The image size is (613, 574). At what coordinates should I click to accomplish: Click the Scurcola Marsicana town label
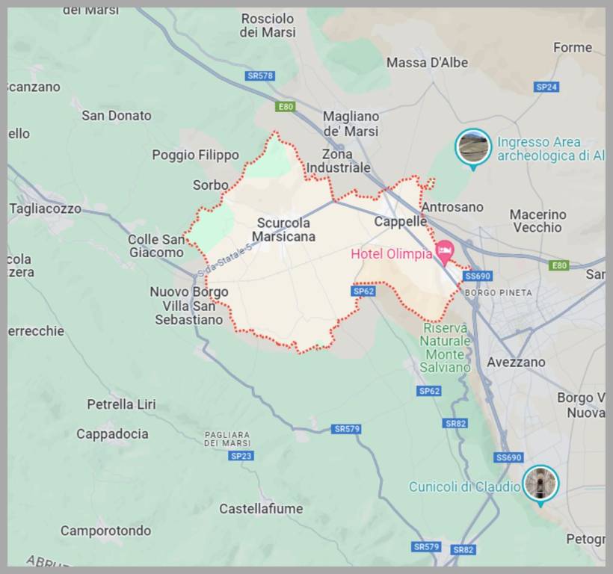point(283,229)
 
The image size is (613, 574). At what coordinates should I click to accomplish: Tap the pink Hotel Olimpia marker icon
point(446,252)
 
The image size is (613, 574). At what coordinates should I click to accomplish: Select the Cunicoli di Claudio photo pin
point(540,483)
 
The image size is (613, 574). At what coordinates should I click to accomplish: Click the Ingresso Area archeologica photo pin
point(473,146)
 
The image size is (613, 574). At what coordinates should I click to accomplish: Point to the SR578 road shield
point(259,76)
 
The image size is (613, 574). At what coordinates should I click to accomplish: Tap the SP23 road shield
point(241,456)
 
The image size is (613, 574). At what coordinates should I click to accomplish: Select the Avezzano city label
point(516,362)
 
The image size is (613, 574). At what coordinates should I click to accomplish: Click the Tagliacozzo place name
point(45,209)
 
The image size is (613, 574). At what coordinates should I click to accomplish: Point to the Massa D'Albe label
point(427,63)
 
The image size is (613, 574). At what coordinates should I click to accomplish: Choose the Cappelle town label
point(400,221)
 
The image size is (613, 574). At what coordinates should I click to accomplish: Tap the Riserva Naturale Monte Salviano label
point(445,348)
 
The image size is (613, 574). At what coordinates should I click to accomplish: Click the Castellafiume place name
point(261,509)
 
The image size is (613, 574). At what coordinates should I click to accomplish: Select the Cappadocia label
point(112,433)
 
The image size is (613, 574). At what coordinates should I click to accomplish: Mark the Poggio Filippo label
point(195,155)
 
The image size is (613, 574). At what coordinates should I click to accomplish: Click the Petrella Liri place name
point(121,404)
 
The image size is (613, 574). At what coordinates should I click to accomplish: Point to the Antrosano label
point(452,207)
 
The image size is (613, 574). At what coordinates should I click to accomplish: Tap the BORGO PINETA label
point(499,292)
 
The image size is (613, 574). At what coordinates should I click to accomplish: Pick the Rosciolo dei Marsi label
point(268,25)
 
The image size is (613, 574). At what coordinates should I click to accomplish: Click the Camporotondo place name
point(105,531)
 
